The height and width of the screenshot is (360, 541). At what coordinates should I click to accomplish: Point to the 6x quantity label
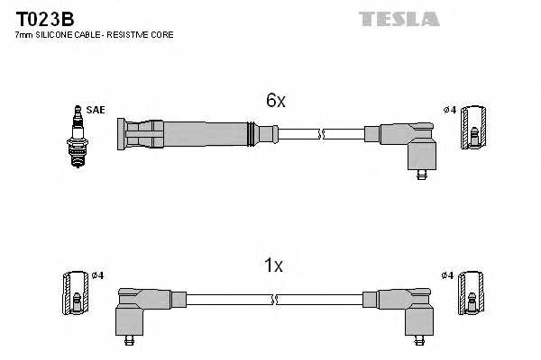tap(275, 102)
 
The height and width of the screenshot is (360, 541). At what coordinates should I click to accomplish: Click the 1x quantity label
tap(273, 265)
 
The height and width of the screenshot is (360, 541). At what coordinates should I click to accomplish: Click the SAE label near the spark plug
tap(96, 110)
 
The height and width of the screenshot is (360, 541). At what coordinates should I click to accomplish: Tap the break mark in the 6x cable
tap(321, 135)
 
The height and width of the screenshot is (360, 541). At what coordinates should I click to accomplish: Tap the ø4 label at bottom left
tap(98, 274)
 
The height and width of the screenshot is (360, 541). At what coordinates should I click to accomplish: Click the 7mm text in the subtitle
tap(24, 34)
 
